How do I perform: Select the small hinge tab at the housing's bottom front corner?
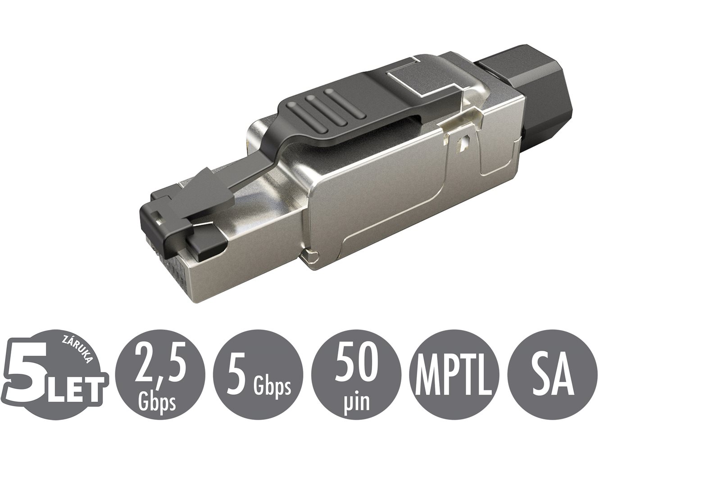pos(311,257)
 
